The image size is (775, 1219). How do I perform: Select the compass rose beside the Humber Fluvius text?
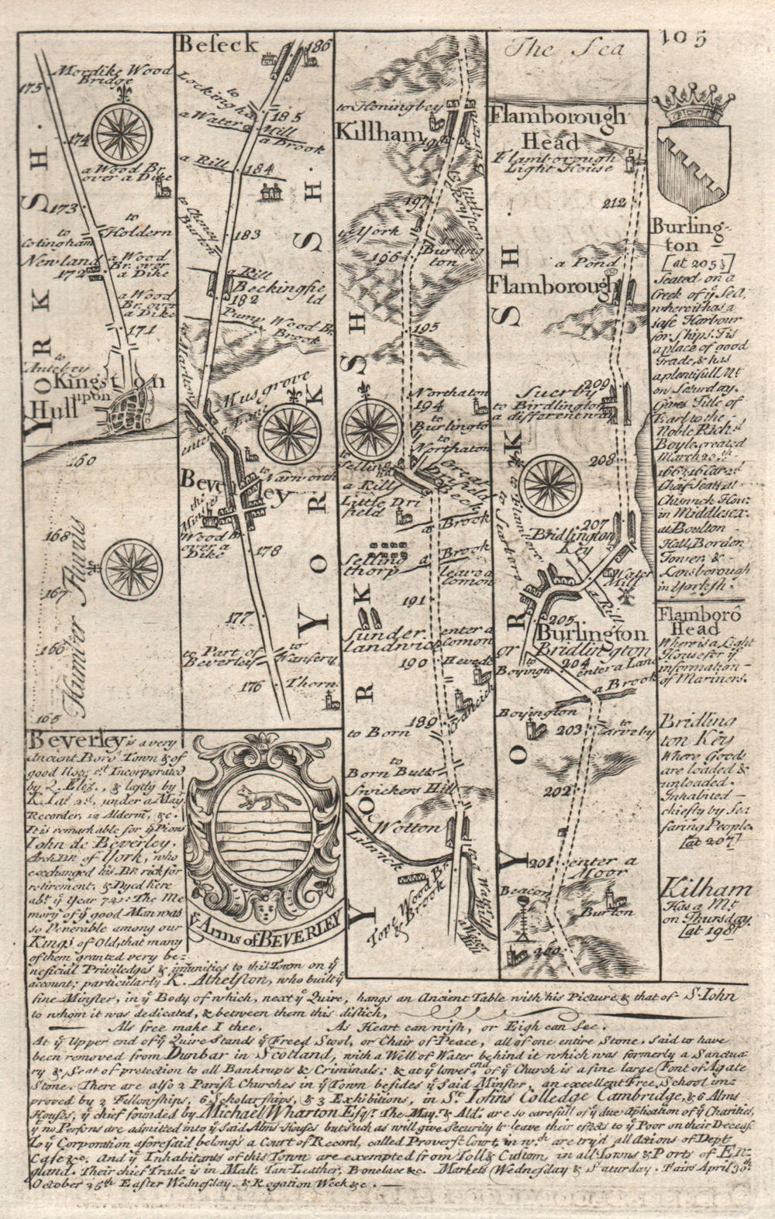coord(130,570)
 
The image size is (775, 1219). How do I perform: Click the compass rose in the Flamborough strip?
coord(549,487)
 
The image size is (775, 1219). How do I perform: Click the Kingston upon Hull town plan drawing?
coord(128,407)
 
